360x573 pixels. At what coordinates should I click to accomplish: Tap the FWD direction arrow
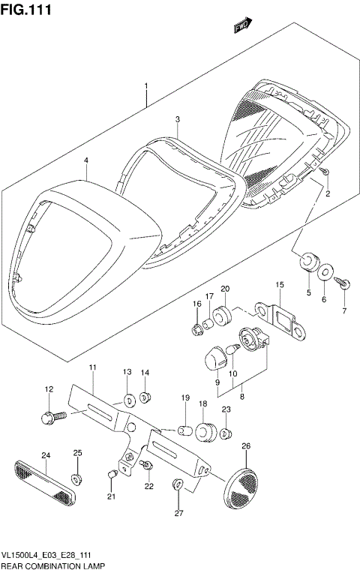pos(241,28)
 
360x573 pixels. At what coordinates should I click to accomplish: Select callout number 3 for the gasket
pos(178,119)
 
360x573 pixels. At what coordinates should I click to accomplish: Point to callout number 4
pos(86,160)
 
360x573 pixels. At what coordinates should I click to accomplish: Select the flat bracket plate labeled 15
pos(281,318)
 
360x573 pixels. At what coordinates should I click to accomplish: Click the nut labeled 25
pos(76,478)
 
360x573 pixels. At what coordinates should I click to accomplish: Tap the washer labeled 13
pos(127,398)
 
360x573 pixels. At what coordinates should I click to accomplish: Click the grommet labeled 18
pos(204,433)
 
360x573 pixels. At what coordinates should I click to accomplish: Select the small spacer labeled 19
pos(184,431)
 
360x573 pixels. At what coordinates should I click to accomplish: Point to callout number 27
pos(178,513)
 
